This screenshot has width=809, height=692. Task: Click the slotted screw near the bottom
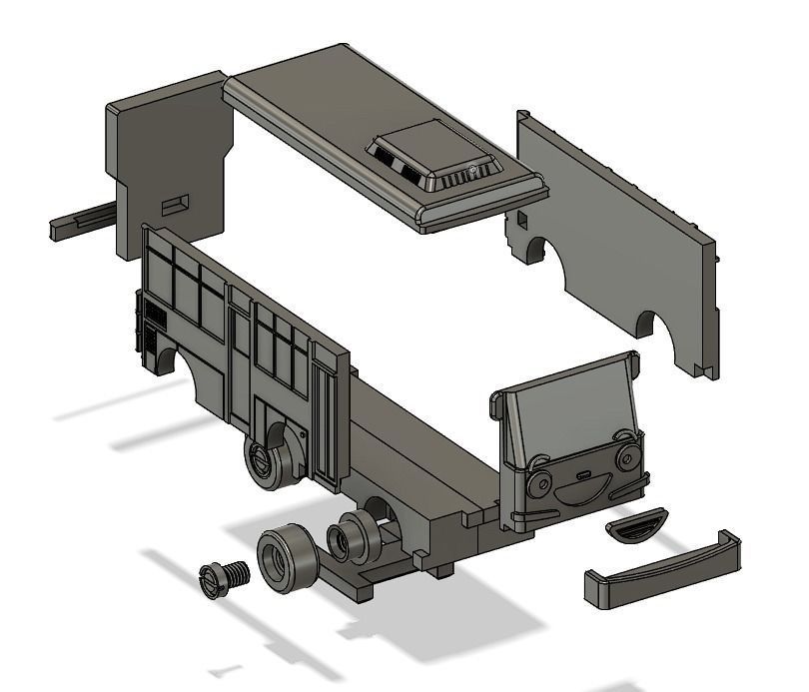[225, 578]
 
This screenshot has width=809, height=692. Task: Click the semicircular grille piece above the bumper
[636, 525]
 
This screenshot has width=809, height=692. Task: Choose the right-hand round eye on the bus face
[626, 457]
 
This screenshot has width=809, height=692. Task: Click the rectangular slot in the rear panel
[177, 203]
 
